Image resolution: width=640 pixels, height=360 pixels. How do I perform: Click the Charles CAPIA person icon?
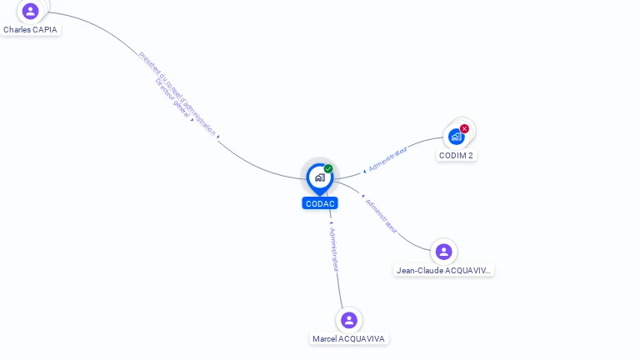click(x=31, y=11)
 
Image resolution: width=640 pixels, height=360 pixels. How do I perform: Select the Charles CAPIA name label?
click(x=30, y=29)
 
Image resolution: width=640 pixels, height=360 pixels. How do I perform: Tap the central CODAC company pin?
click(x=319, y=177)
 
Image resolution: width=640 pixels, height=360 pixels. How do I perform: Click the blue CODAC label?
click(x=320, y=203)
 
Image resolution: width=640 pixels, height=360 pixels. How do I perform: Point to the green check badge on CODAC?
click(x=328, y=169)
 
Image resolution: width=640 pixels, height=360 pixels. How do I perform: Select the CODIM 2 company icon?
click(x=456, y=136)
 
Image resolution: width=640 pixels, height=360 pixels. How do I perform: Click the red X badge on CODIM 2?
click(x=464, y=128)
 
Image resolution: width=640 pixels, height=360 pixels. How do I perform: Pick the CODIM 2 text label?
click(x=456, y=155)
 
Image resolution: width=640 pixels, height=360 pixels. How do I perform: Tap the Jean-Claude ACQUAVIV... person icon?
click(x=443, y=251)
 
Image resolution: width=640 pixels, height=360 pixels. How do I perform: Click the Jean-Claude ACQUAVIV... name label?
click(x=443, y=270)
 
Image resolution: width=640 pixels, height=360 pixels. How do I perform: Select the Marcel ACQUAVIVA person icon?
click(x=348, y=320)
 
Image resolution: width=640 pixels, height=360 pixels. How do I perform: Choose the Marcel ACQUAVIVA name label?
click(x=348, y=338)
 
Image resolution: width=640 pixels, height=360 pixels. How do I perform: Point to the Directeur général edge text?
click(x=172, y=99)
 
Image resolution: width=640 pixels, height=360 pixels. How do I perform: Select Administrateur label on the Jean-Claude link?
click(x=381, y=216)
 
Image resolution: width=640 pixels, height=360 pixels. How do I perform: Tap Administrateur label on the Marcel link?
click(x=334, y=249)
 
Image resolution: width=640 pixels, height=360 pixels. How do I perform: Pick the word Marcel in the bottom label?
click(x=324, y=338)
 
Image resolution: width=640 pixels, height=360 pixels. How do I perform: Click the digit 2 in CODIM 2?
click(x=471, y=155)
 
